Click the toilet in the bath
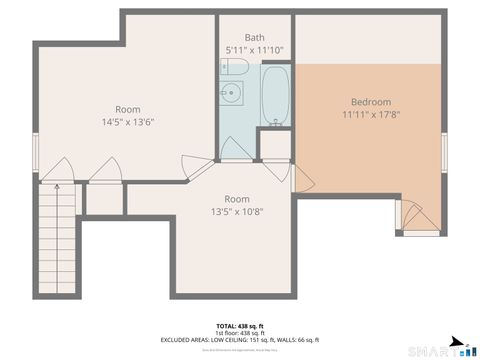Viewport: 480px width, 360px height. click(234, 66)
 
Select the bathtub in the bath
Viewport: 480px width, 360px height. click(275, 96)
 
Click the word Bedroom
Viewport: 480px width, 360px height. click(370, 102)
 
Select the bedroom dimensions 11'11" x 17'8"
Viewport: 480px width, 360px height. click(370, 115)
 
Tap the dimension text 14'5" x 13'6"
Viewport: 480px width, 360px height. click(127, 122)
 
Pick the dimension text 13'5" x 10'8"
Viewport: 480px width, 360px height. click(236, 211)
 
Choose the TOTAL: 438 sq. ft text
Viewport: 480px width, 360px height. click(240, 326)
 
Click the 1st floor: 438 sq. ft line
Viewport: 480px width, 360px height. click(240, 333)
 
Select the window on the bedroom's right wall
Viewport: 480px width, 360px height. click(446, 150)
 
